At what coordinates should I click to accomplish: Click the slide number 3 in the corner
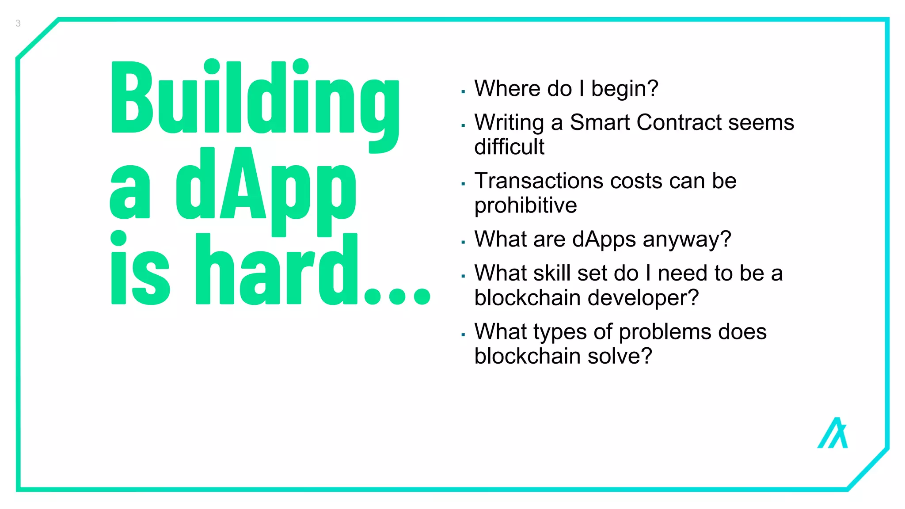(x=18, y=23)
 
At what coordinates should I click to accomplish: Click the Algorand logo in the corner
(x=833, y=433)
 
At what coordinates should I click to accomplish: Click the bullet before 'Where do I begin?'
(x=463, y=92)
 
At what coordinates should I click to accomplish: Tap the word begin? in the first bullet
(x=624, y=89)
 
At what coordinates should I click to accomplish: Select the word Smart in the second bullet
(x=599, y=122)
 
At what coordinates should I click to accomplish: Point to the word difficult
(x=509, y=147)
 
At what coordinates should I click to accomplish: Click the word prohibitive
(x=525, y=206)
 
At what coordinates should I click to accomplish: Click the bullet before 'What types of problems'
(x=463, y=335)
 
